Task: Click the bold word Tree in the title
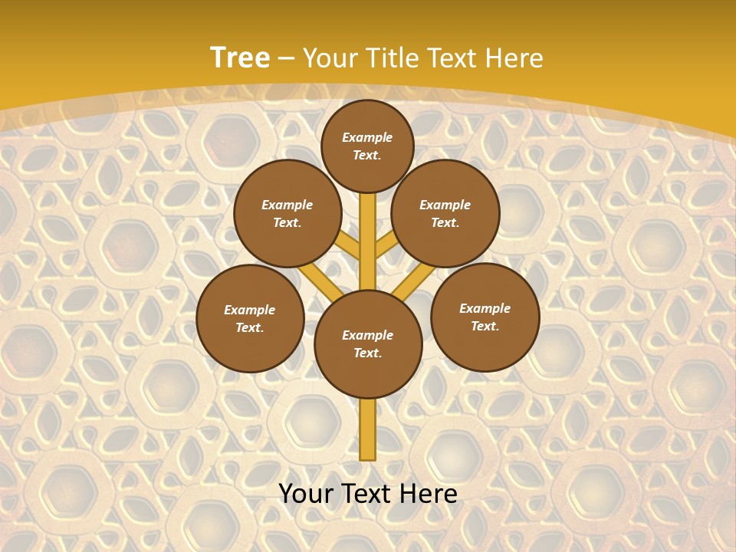pyautogui.click(x=240, y=58)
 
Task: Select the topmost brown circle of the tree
pyautogui.click(x=367, y=146)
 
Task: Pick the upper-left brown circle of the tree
pyautogui.click(x=287, y=214)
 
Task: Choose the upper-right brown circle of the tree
pyautogui.click(x=445, y=214)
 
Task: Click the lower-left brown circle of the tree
pyautogui.click(x=250, y=319)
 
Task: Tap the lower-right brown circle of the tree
pyautogui.click(x=485, y=317)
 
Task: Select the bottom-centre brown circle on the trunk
pyautogui.click(x=368, y=344)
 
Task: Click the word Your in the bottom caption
pyautogui.click(x=304, y=494)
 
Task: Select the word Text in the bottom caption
pyautogui.click(x=365, y=494)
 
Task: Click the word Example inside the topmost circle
pyautogui.click(x=367, y=138)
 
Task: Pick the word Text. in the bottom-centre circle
pyautogui.click(x=367, y=353)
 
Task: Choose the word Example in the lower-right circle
pyautogui.click(x=485, y=309)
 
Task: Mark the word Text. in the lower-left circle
pyautogui.click(x=249, y=328)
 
